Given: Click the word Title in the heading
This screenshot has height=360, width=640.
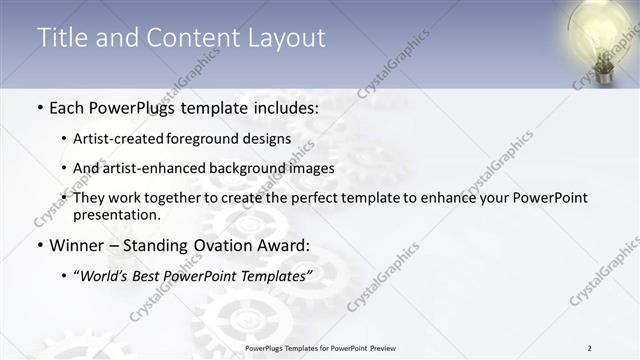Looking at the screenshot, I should tap(60, 38).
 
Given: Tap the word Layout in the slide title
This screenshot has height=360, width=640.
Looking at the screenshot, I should tap(287, 38).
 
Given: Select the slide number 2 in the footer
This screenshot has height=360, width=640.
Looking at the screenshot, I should tap(590, 348).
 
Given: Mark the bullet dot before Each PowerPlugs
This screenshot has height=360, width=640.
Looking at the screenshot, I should tap(39, 107).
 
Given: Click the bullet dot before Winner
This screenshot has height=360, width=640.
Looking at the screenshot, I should tap(39, 245).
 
